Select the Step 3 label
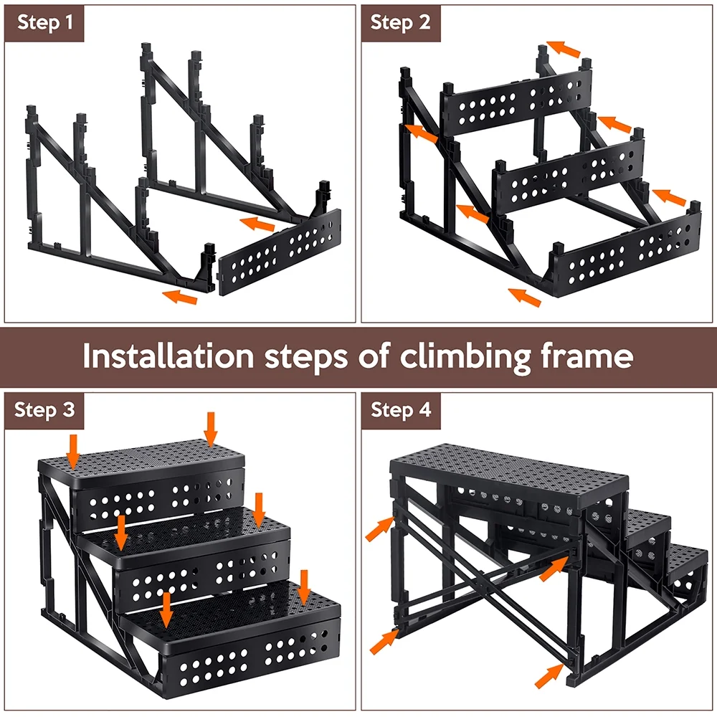click(44, 410)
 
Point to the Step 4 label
click(401, 410)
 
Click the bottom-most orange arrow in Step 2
click(524, 296)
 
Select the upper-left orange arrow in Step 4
click(380, 528)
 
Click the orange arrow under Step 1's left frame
click(179, 295)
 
